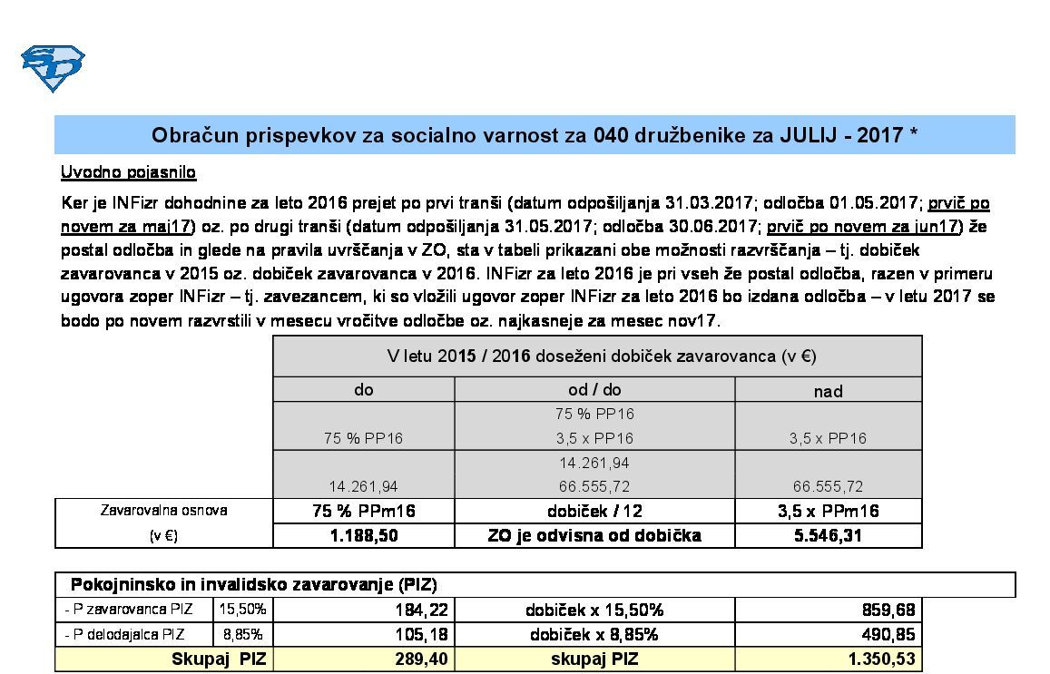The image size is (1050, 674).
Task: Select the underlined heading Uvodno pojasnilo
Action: pyautogui.click(x=128, y=172)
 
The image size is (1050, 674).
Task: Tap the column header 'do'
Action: pyautogui.click(x=363, y=390)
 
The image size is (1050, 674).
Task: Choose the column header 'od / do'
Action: pyautogui.click(x=594, y=390)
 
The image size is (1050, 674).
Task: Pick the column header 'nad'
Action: pyautogui.click(x=828, y=391)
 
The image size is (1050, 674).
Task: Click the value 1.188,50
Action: pyautogui.click(x=363, y=535)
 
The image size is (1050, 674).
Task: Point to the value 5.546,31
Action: pyautogui.click(x=828, y=535)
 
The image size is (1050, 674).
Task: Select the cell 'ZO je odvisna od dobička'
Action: pyautogui.click(x=594, y=535)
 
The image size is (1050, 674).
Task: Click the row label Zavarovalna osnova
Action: pyautogui.click(x=163, y=511)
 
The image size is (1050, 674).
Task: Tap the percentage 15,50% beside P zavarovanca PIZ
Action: pyautogui.click(x=242, y=610)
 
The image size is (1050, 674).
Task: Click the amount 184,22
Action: pyautogui.click(x=422, y=611)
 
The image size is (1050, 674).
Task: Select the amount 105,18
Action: pyautogui.click(x=422, y=635)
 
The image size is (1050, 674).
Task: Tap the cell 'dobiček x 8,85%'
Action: pyautogui.click(x=594, y=635)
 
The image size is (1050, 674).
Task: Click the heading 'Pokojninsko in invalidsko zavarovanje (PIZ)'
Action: pyautogui.click(x=254, y=585)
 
